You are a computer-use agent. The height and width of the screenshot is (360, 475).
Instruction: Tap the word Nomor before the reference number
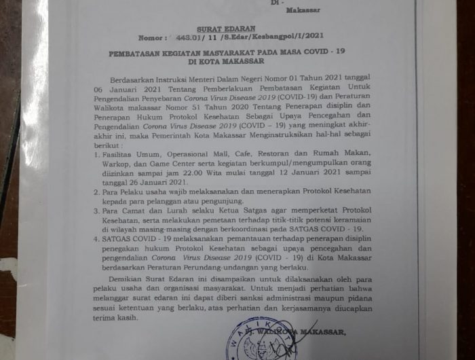coord(150,39)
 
